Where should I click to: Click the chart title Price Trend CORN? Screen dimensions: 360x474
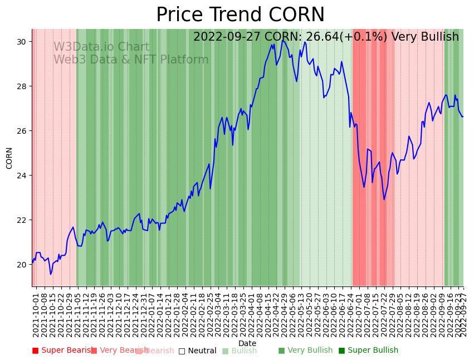[240, 15]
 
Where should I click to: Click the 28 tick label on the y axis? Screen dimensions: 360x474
[22, 86]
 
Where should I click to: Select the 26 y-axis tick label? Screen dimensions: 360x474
[22, 131]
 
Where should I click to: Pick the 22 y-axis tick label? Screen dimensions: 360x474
[22, 220]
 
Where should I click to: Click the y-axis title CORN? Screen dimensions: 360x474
[9, 158]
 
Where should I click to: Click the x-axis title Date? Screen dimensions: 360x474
[247, 344]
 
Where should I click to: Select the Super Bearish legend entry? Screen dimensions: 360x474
[63, 351]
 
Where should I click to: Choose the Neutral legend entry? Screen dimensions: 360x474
[197, 351]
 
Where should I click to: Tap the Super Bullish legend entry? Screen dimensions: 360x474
[368, 351]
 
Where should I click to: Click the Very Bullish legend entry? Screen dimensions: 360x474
[305, 351]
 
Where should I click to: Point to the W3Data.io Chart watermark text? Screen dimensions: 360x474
[101, 47]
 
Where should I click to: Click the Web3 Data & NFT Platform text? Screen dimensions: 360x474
[131, 60]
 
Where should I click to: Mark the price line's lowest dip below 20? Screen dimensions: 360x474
[51, 274]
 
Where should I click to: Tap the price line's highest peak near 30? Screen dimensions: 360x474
[283, 40]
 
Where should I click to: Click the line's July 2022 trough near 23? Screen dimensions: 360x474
[384, 200]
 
